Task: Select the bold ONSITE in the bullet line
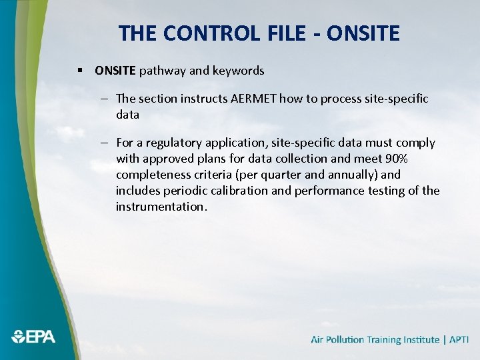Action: [x=115, y=70]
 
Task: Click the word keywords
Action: [x=239, y=70]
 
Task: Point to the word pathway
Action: [x=162, y=71]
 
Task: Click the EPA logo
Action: [x=34, y=337]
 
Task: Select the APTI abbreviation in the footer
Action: [x=459, y=339]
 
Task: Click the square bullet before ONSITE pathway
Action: [x=79, y=70]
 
